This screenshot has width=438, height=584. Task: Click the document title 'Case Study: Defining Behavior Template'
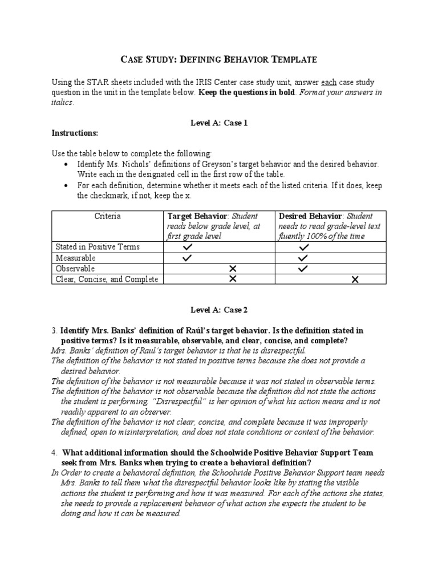click(219, 59)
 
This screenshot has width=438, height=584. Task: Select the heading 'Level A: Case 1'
click(219, 123)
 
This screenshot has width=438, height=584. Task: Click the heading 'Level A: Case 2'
click(219, 309)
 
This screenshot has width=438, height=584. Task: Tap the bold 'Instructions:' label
click(75, 133)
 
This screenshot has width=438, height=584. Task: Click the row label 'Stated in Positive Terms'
click(98, 247)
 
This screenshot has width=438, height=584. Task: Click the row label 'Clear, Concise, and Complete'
click(106, 279)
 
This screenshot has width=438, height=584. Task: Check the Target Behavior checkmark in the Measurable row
click(188, 258)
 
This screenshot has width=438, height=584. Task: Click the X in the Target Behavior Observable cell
click(232, 269)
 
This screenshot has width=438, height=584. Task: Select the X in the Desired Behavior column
click(355, 279)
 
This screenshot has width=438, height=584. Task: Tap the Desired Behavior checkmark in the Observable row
click(303, 269)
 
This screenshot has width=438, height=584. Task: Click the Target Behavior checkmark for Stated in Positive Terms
click(188, 248)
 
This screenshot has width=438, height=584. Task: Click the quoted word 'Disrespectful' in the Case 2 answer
click(179, 401)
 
